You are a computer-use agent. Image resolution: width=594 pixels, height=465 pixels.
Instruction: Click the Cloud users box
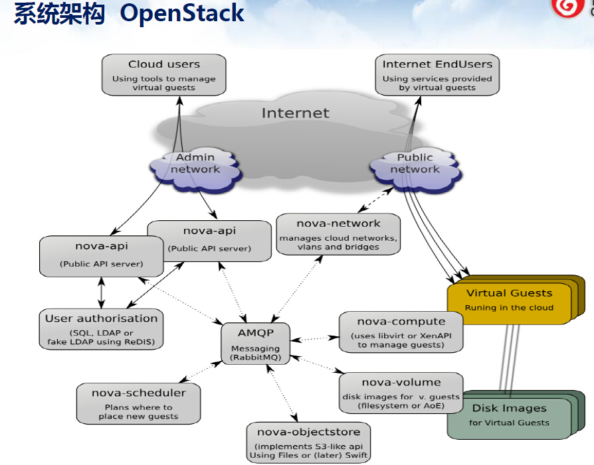tap(163, 74)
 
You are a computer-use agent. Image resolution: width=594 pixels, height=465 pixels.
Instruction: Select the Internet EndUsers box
tap(437, 74)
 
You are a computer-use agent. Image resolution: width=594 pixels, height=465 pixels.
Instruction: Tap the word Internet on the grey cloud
tap(295, 113)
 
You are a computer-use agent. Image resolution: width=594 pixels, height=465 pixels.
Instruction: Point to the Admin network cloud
tap(195, 164)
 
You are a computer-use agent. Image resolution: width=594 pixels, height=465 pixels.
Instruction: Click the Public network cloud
tap(415, 164)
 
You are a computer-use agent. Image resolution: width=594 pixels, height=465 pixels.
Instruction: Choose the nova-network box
tap(338, 233)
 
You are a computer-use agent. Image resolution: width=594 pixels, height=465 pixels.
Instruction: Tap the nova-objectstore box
tap(309, 442)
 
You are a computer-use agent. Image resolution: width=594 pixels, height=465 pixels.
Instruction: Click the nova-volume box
tap(401, 393)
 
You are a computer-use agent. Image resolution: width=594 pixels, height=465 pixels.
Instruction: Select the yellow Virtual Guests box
tap(509, 300)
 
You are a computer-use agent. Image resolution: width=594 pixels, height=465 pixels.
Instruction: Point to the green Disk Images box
tap(509, 415)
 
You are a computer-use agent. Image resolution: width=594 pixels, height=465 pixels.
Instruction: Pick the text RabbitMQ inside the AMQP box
tap(256, 358)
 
